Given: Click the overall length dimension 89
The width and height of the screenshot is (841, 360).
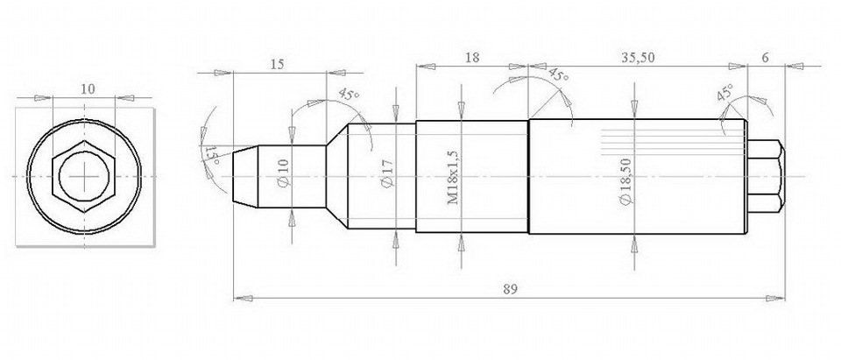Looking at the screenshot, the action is (x=510, y=289).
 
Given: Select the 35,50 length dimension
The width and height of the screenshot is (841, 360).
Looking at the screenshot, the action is (x=638, y=58).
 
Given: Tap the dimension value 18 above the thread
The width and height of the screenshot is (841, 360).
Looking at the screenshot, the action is (x=472, y=58).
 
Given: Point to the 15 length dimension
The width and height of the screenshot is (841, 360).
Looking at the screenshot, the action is (x=277, y=65).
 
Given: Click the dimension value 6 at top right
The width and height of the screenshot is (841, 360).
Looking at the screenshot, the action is (x=765, y=58).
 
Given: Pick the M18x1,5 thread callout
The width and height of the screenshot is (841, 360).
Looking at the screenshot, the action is (x=453, y=178).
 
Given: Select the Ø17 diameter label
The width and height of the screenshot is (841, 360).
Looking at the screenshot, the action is (x=388, y=173).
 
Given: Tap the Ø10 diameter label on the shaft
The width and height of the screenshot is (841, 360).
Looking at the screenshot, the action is (x=284, y=173).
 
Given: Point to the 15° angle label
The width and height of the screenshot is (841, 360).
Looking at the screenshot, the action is (x=211, y=155).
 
